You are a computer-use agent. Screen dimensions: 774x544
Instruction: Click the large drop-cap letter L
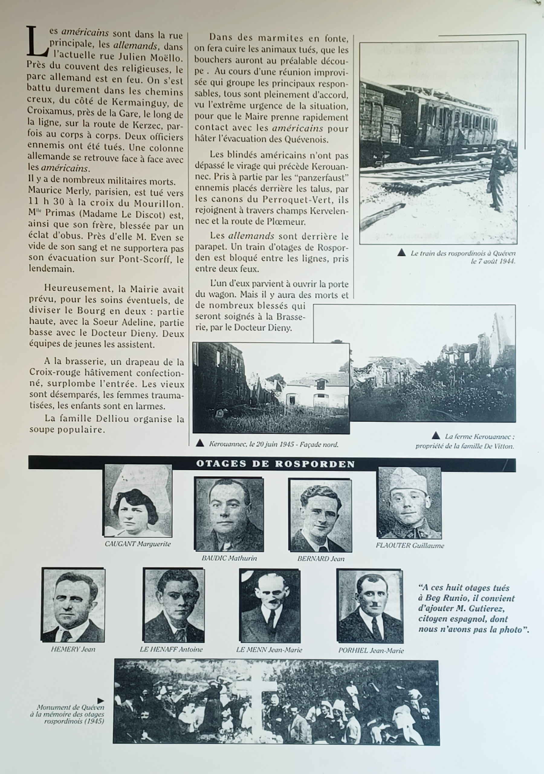point(37,42)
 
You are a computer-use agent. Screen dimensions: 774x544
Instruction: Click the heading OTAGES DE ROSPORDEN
point(275,464)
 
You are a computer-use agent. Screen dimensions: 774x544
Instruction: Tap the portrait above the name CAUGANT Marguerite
point(138,501)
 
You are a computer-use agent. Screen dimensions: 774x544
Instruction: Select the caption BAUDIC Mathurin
point(229,558)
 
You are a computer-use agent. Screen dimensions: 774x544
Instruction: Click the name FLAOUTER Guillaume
point(410,545)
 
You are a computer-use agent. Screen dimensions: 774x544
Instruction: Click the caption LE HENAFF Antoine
point(171,650)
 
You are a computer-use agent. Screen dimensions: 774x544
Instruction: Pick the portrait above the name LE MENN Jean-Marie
point(269,606)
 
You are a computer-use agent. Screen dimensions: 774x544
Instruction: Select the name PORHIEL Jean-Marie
point(371,651)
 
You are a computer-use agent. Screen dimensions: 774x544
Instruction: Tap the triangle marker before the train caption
point(401,252)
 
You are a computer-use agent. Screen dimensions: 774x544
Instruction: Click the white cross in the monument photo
point(257,698)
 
